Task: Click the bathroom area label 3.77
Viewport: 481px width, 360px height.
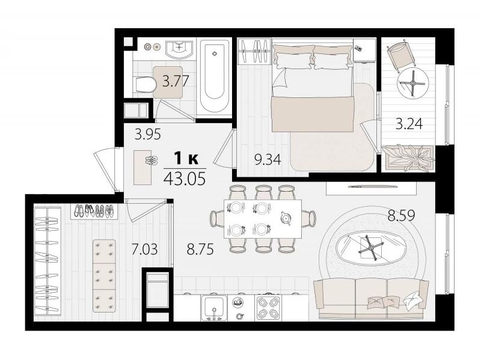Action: point(175,82)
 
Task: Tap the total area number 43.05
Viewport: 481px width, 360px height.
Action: point(185,178)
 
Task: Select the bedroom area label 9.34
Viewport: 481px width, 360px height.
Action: point(268,159)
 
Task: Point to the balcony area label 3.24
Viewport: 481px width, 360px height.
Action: point(409,124)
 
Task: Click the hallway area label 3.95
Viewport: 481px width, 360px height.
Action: point(148,134)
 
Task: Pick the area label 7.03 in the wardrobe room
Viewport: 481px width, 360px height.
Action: point(144,249)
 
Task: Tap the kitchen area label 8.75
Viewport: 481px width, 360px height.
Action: point(200,249)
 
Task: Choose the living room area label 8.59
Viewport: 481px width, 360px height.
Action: point(401,215)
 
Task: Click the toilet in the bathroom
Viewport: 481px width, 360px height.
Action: point(145,85)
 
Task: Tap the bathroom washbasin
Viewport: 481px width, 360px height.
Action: point(179,49)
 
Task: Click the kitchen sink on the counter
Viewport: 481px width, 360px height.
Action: point(214,308)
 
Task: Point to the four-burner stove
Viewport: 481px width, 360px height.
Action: point(266,308)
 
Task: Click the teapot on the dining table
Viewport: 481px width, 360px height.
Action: point(286,218)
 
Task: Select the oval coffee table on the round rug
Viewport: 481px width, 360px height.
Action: point(371,248)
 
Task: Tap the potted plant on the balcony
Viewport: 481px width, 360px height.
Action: point(408,157)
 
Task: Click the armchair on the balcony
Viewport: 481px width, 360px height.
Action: point(401,56)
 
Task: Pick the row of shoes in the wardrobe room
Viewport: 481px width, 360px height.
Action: point(94,211)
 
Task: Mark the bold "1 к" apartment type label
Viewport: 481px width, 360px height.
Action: point(186,159)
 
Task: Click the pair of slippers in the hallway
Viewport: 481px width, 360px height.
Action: point(152,160)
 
